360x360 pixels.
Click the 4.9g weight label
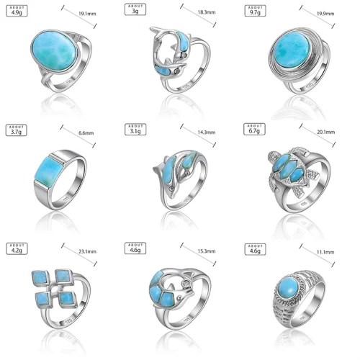coord(17,11)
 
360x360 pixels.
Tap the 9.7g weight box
coord(255,11)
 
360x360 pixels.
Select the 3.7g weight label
coord(17,130)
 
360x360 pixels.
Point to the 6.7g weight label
coord(254,130)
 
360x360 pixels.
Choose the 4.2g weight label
coord(17,248)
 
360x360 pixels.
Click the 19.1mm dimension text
coord(87,14)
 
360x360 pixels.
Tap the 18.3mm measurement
coord(207,12)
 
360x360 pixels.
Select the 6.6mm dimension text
coord(86,133)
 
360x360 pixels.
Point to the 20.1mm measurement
coord(326,132)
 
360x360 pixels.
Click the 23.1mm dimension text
coord(87,251)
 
